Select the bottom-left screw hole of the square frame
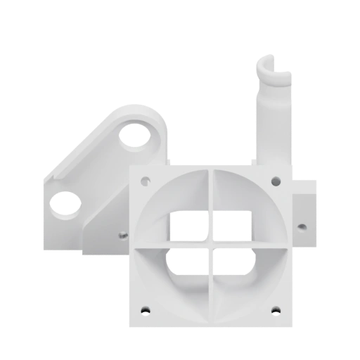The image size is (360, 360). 146,309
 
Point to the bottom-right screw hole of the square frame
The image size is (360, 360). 277,309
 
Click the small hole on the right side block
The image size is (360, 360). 302,227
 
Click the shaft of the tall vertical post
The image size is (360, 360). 271,127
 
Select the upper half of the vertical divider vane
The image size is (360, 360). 212,204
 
